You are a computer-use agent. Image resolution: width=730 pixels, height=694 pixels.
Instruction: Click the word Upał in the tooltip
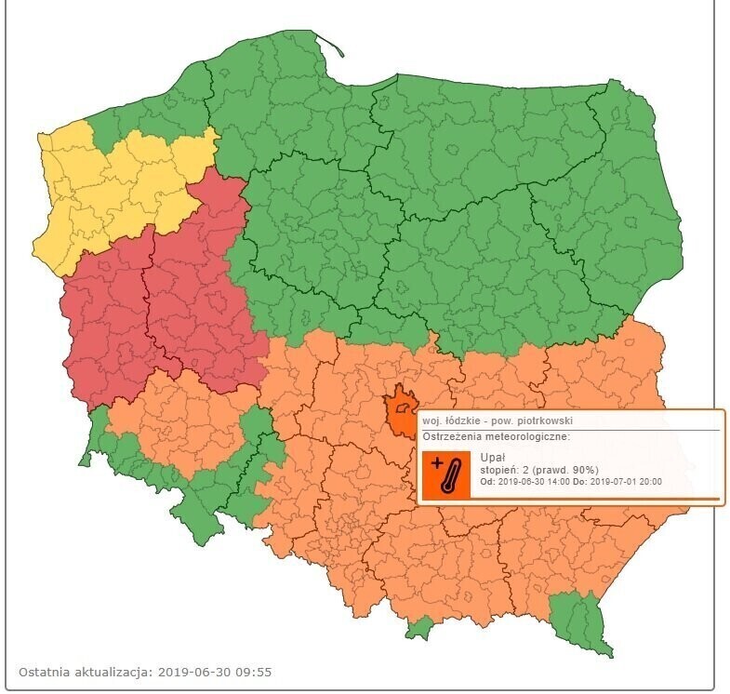[492, 458]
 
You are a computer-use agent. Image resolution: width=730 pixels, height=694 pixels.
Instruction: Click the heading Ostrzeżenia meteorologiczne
[496, 435]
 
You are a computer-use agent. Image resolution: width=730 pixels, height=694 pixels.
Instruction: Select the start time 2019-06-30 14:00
[545, 483]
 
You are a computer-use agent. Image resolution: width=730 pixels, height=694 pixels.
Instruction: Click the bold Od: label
[488, 483]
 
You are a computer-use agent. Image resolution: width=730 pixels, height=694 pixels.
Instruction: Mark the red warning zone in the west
[158, 307]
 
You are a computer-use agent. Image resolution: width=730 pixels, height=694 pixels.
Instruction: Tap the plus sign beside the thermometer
[437, 462]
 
